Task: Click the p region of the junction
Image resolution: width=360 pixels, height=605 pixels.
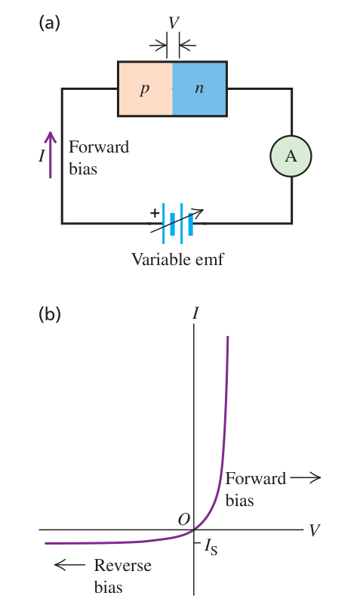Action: click(145, 88)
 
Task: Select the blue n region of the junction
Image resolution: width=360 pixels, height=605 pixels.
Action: click(199, 88)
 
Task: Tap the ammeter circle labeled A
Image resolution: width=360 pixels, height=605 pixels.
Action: click(291, 156)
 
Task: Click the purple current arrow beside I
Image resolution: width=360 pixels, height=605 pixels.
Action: click(51, 155)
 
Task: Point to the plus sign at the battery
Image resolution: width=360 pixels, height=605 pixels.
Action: click(155, 212)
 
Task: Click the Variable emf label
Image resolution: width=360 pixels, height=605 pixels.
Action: click(177, 259)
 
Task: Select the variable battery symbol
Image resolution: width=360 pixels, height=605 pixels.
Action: click(177, 224)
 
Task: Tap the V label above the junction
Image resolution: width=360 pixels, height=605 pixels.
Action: click(174, 23)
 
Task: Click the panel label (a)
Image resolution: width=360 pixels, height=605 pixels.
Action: click(49, 23)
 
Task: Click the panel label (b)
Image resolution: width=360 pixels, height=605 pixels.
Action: click(50, 314)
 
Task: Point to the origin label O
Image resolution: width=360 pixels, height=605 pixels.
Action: click(184, 520)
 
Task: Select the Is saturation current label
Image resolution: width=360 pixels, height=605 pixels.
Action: click(211, 547)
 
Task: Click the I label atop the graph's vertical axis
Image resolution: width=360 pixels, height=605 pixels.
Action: click(195, 313)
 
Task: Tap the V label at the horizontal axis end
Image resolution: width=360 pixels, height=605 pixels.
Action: click(315, 530)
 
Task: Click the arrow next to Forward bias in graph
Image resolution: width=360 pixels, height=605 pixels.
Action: click(305, 477)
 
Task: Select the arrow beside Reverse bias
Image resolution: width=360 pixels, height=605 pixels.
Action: click(69, 565)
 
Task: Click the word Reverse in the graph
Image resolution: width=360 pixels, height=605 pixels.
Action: click(122, 565)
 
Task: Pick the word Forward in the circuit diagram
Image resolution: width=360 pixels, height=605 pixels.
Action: click(99, 147)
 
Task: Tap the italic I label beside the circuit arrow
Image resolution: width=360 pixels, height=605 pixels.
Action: click(42, 156)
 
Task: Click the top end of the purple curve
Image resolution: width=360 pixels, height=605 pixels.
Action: click(228, 337)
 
